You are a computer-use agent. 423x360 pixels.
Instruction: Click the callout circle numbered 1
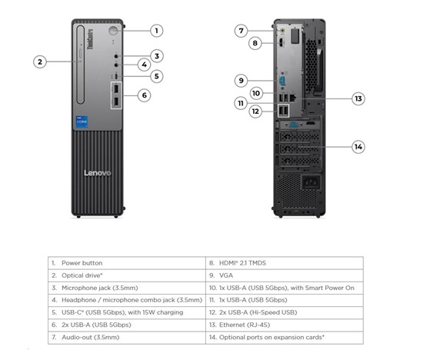(156, 31)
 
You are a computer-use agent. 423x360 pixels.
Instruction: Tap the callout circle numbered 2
(40, 62)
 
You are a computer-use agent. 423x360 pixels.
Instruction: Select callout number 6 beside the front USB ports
(145, 95)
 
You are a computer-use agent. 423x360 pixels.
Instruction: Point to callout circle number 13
(358, 98)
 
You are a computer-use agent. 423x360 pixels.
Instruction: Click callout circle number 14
(358, 147)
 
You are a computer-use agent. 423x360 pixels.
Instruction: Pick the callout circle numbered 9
(241, 81)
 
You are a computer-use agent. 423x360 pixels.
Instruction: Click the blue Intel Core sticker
(82, 122)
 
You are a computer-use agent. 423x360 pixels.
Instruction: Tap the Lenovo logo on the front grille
(98, 173)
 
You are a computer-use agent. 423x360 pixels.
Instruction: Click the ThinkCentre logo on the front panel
(90, 39)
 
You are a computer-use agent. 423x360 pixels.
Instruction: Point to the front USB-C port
(116, 76)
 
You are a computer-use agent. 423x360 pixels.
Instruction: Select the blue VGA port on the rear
(282, 81)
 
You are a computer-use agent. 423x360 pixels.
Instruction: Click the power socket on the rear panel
(311, 183)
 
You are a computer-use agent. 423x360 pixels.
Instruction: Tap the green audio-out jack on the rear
(282, 31)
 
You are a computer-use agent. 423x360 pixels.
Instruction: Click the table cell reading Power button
(127, 263)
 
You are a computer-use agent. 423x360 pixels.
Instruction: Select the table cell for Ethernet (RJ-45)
(285, 325)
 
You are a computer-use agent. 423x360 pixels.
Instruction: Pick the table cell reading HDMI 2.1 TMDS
(285, 263)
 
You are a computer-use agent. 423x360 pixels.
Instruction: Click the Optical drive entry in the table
(127, 275)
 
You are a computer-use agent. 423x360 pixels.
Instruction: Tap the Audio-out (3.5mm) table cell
(127, 338)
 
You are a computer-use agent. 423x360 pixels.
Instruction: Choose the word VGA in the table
(226, 275)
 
